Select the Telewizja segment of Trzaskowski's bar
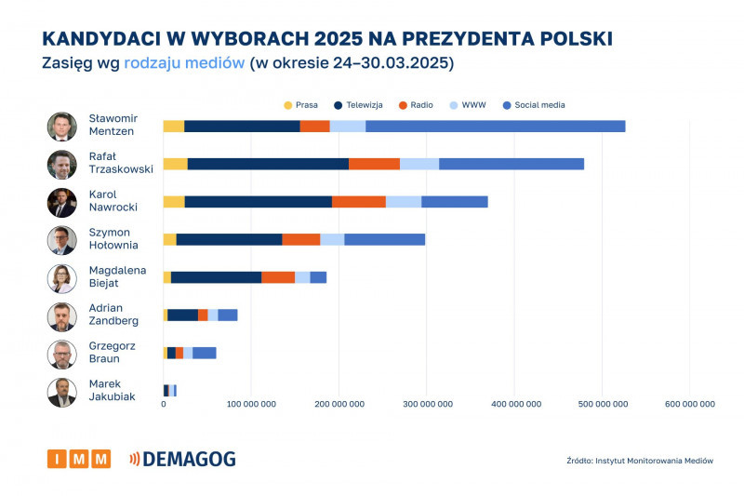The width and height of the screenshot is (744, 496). (268, 164)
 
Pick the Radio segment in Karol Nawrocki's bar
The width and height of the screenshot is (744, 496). (358, 201)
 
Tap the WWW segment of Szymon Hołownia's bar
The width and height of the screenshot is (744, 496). (332, 239)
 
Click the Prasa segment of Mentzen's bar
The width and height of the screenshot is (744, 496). (173, 127)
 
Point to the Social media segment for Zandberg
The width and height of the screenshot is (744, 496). (228, 315)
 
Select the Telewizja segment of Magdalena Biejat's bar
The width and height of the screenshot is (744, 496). (216, 277)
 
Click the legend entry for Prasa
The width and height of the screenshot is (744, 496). (299, 105)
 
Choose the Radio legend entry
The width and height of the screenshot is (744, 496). (414, 105)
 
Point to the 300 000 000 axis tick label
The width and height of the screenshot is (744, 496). (427, 404)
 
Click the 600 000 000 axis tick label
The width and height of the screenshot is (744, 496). (689, 404)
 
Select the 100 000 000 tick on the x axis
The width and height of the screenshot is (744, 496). (251, 404)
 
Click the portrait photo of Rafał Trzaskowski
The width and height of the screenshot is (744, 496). (61, 164)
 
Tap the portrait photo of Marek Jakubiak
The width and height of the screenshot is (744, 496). (61, 391)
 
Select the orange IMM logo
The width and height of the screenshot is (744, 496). (79, 459)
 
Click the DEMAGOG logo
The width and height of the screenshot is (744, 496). (182, 459)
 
